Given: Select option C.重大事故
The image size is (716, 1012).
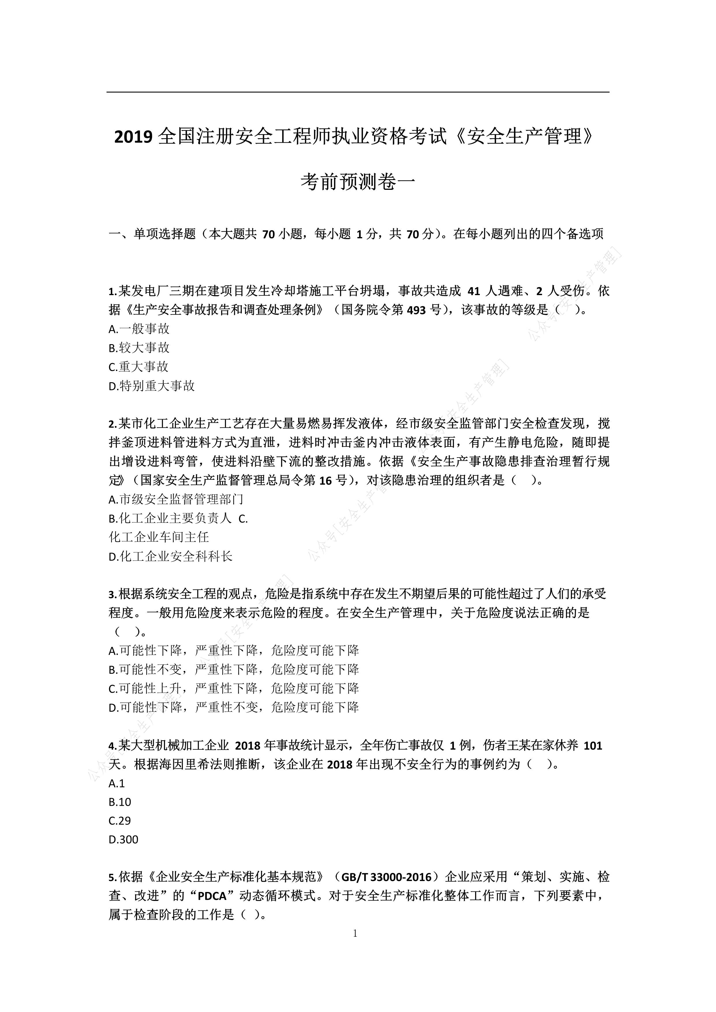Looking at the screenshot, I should tap(139, 367).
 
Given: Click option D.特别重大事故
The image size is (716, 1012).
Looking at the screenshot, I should tap(152, 386).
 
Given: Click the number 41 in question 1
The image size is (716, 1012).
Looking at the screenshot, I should tap(473, 291).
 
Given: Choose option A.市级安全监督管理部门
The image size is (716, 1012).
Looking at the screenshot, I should tap(176, 499).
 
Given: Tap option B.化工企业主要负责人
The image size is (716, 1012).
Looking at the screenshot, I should tap(170, 519).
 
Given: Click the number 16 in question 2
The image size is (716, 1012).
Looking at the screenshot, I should tap(325, 480).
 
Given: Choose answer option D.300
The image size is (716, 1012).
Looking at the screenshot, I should tap(124, 840).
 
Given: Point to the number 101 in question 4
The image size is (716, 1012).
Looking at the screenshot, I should tap(592, 746).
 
